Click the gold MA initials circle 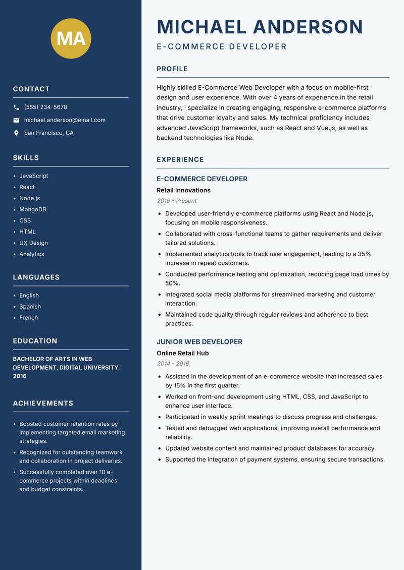(x=71, y=38)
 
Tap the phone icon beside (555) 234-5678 (x=16, y=107)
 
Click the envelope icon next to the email (x=16, y=120)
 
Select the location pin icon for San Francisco (x=16, y=133)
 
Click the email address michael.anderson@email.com (x=65, y=120)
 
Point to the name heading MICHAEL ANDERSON (x=260, y=27)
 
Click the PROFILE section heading (x=172, y=69)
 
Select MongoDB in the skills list (x=33, y=209)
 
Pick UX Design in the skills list (x=34, y=243)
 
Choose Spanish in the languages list (x=30, y=307)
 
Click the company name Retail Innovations (x=183, y=190)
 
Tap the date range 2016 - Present (x=177, y=201)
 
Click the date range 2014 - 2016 (x=173, y=364)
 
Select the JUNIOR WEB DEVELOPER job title (x=199, y=342)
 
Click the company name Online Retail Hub (x=183, y=353)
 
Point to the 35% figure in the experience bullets (x=364, y=254)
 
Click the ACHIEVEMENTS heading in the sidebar (x=43, y=404)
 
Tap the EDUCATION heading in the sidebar (x=35, y=341)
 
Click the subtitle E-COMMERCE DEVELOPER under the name (x=222, y=47)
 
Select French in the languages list (x=29, y=318)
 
